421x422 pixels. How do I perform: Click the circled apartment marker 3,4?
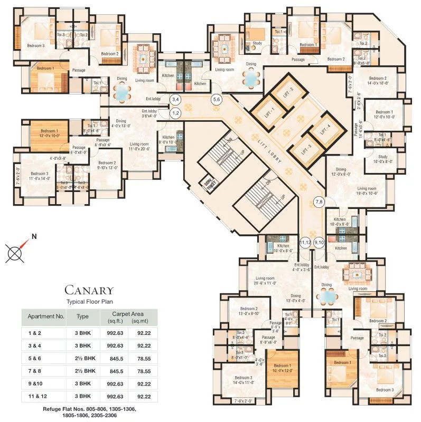pyautogui.click(x=175, y=99)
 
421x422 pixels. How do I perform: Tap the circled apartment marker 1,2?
pyautogui.click(x=175, y=112)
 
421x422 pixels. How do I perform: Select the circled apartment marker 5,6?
pyautogui.click(x=217, y=99)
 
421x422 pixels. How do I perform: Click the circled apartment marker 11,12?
pyautogui.click(x=305, y=243)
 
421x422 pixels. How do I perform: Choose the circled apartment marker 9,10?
pyautogui.click(x=319, y=243)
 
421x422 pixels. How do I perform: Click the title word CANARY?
pyautogui.click(x=89, y=290)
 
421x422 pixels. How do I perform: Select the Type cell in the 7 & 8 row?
pyautogui.click(x=82, y=371)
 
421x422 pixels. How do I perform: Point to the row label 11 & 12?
pyautogui.click(x=43, y=396)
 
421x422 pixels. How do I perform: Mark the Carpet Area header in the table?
pyautogui.click(x=128, y=313)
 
